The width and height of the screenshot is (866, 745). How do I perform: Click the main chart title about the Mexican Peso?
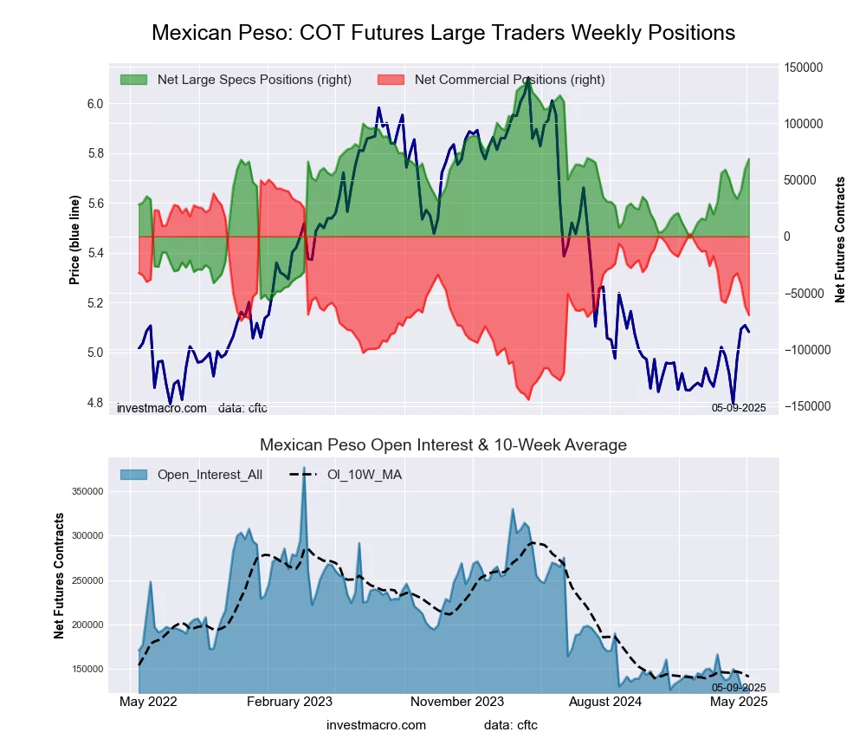(443, 33)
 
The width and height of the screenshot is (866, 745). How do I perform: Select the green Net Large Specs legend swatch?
(133, 80)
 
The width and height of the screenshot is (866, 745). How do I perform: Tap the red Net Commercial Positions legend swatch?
(391, 80)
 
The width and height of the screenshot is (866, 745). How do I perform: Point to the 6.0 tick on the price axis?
(94, 104)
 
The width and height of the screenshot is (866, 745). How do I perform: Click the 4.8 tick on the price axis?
(94, 403)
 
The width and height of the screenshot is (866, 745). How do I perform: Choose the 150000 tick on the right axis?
(803, 68)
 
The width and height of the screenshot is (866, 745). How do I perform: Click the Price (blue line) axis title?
(75, 240)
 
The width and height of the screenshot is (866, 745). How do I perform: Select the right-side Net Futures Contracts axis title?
(840, 240)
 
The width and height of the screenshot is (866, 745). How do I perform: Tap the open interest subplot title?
(443, 445)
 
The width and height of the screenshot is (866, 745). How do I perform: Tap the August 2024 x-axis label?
(612, 702)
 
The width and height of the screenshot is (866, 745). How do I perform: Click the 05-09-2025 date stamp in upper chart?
(739, 407)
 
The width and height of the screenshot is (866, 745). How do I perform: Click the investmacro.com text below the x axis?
(376, 725)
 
